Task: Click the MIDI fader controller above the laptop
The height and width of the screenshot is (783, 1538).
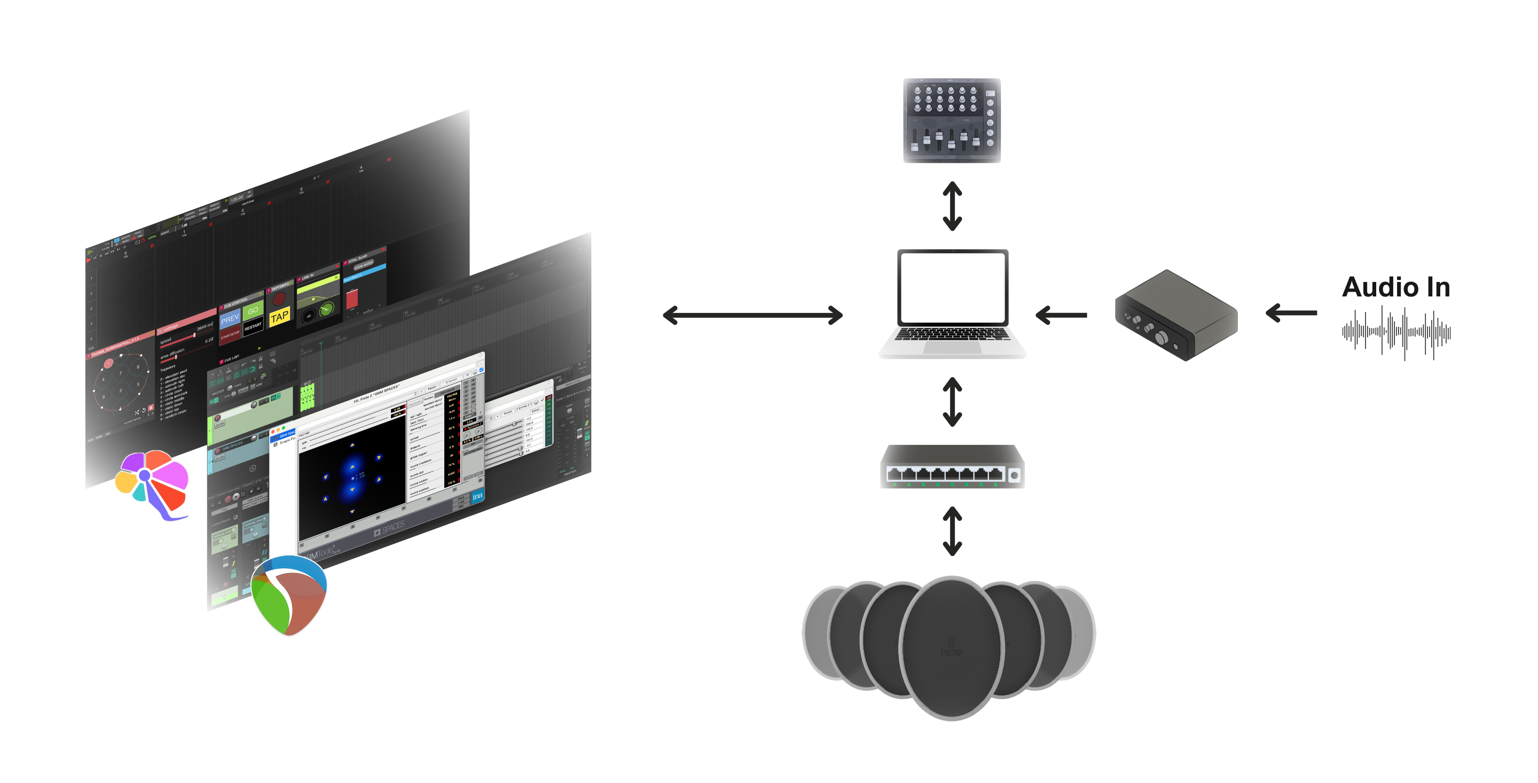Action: (952, 121)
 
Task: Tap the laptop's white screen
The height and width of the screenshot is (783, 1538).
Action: (952, 287)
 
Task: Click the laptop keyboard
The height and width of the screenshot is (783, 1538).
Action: (952, 334)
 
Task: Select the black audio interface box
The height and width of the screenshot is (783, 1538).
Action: (1175, 315)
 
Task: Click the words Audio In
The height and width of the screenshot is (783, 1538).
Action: (1396, 287)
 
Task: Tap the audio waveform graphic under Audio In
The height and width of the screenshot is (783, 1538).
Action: (1396, 332)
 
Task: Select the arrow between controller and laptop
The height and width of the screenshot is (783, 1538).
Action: (952, 206)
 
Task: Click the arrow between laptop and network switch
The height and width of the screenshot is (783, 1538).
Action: (952, 401)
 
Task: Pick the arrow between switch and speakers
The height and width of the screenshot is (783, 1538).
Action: (952, 531)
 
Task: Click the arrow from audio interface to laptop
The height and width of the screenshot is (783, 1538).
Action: (1061, 315)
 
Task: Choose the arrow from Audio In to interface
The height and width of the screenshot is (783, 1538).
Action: (1291, 312)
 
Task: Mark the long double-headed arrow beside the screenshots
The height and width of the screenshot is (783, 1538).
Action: (752, 315)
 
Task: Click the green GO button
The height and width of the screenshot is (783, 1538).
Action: (253, 310)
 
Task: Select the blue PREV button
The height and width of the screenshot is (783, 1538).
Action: (230, 319)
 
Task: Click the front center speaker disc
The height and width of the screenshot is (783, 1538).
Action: (951, 648)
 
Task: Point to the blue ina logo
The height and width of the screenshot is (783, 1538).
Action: (477, 496)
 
